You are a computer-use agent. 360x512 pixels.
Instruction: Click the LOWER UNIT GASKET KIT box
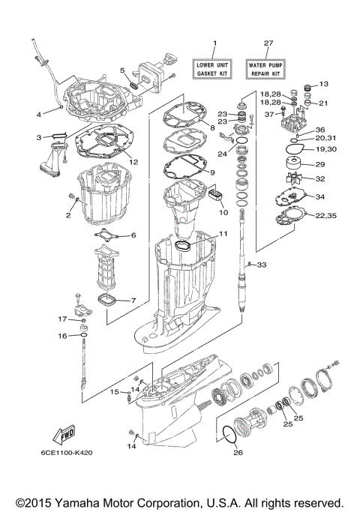pos(214,70)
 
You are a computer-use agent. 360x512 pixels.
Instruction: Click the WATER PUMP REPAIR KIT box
pos(268,70)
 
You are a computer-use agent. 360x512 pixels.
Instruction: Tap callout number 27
pos(268,43)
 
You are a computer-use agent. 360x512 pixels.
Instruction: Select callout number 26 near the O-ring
pos(238,451)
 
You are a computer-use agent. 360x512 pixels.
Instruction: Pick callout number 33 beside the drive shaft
pos(262,265)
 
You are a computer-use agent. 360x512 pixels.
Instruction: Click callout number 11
pos(223,235)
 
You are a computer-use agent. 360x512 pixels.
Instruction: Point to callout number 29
pos(319,164)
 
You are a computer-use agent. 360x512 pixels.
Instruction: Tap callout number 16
pos(64,336)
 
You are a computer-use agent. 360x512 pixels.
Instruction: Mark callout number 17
pos(63,319)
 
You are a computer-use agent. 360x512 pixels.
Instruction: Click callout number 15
pos(115,391)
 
